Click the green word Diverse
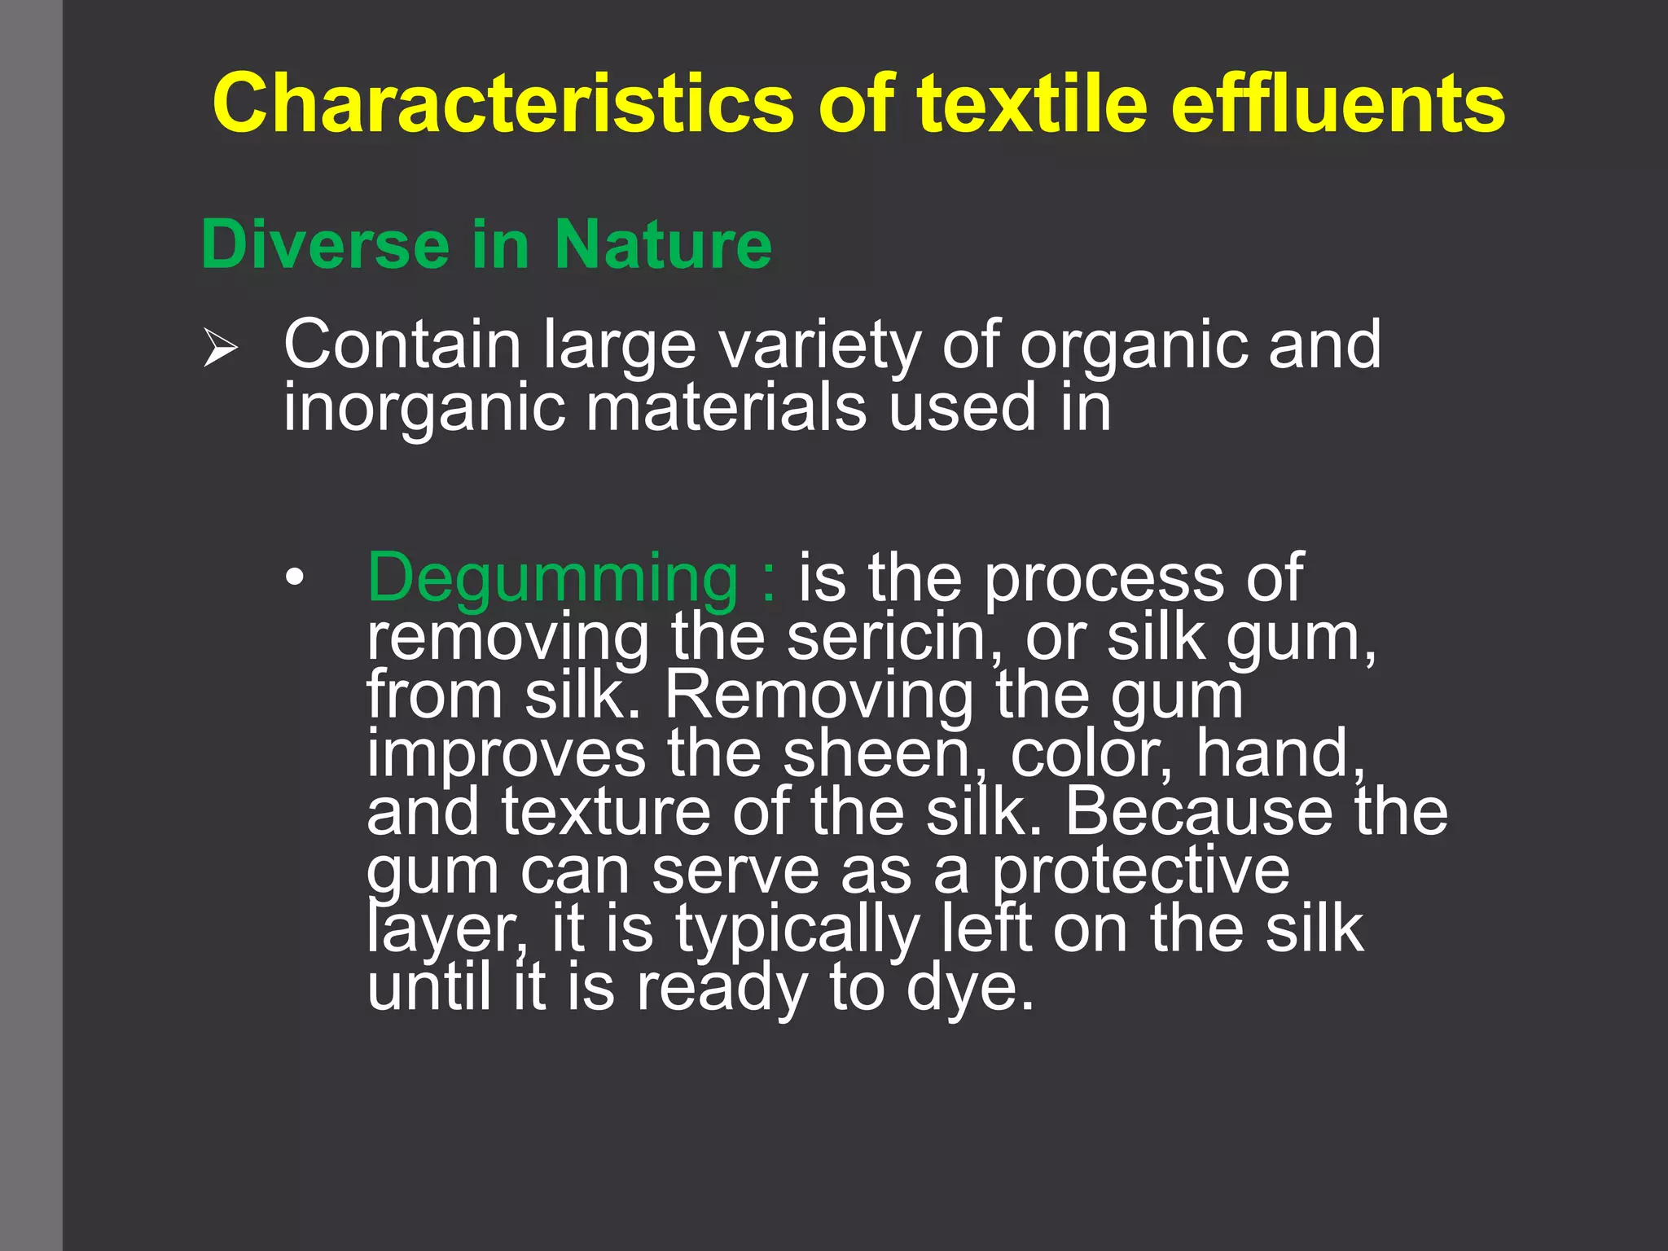point(325,244)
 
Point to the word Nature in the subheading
point(663,244)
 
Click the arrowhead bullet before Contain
point(220,349)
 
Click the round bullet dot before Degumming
point(295,578)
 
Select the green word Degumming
point(552,578)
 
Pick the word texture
point(606,812)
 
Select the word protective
point(1140,871)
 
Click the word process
point(1104,578)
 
